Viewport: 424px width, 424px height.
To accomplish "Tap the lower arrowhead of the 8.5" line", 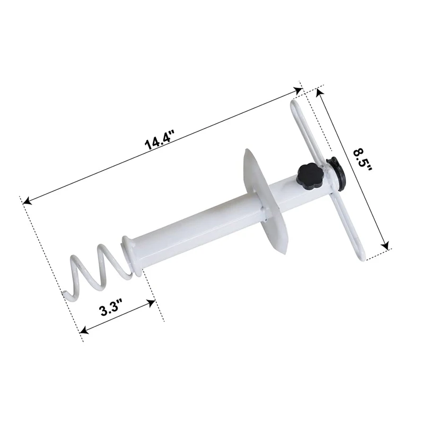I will tap(387, 246).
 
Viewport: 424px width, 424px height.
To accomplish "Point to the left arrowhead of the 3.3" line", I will tap(82, 331).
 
